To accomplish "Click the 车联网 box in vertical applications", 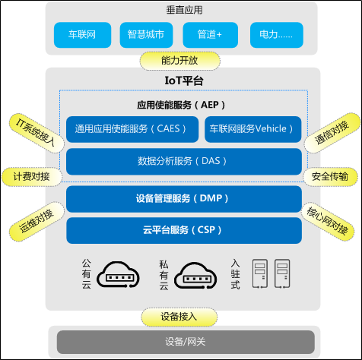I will pyautogui.click(x=81, y=35).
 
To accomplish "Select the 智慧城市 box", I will pyautogui.click(x=146, y=35).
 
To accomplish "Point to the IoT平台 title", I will pyautogui.click(x=181, y=81).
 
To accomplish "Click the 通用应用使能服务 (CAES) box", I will pyautogui.click(x=131, y=128).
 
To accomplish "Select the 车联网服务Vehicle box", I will pyautogui.click(x=253, y=128).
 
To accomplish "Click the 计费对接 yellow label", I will pyautogui.click(x=30, y=176).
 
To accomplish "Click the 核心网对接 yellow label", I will pyautogui.click(x=328, y=220).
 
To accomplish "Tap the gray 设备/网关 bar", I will pyautogui.click(x=180, y=342).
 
